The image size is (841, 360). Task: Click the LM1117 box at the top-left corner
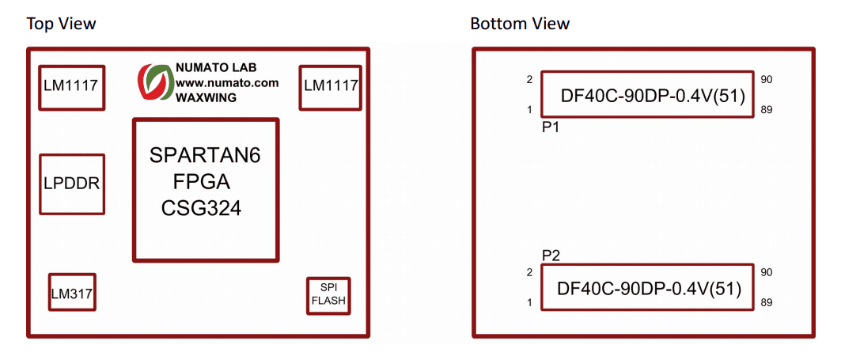(72, 87)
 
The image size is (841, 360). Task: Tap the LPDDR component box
(72, 184)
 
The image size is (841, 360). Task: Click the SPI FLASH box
(328, 296)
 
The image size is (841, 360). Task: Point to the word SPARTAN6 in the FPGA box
(205, 156)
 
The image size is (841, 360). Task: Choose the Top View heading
(62, 24)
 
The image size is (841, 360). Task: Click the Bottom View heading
(520, 24)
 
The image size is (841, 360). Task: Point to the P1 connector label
(551, 127)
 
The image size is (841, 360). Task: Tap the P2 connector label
(551, 255)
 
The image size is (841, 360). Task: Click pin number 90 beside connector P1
(767, 79)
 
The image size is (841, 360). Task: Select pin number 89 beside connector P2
(767, 303)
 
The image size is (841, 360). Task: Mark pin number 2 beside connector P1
(529, 79)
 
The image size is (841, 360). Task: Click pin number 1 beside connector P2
(529, 303)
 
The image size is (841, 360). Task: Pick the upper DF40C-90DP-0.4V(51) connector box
(647, 95)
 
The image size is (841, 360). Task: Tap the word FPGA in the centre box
(201, 183)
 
